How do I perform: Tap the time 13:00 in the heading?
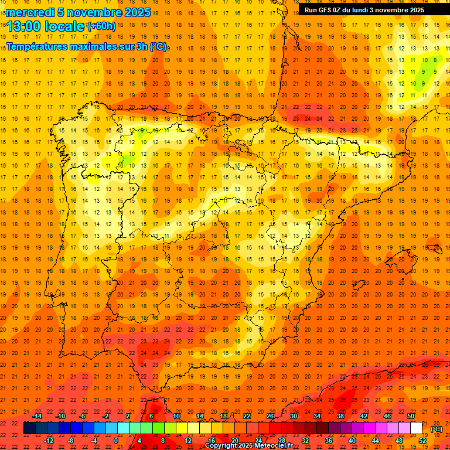[x=24, y=26]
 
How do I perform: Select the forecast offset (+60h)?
[x=101, y=26]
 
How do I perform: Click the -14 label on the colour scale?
[x=37, y=416]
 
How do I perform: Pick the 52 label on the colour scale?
[x=422, y=441]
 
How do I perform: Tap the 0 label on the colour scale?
[x=116, y=441]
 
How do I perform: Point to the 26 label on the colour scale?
[x=270, y=416]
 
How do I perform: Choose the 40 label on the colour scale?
[x=352, y=441]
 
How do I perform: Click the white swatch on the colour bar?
[x=416, y=428]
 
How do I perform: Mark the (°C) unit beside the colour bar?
[x=436, y=428]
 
